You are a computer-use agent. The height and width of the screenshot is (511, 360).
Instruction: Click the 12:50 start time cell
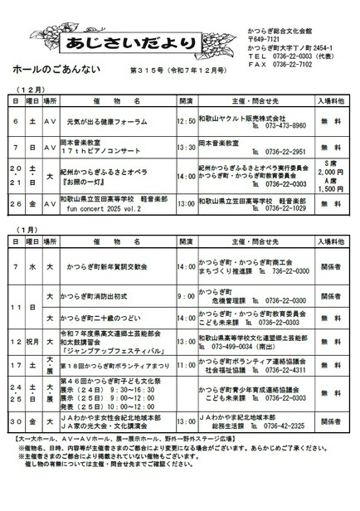pos(187,121)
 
